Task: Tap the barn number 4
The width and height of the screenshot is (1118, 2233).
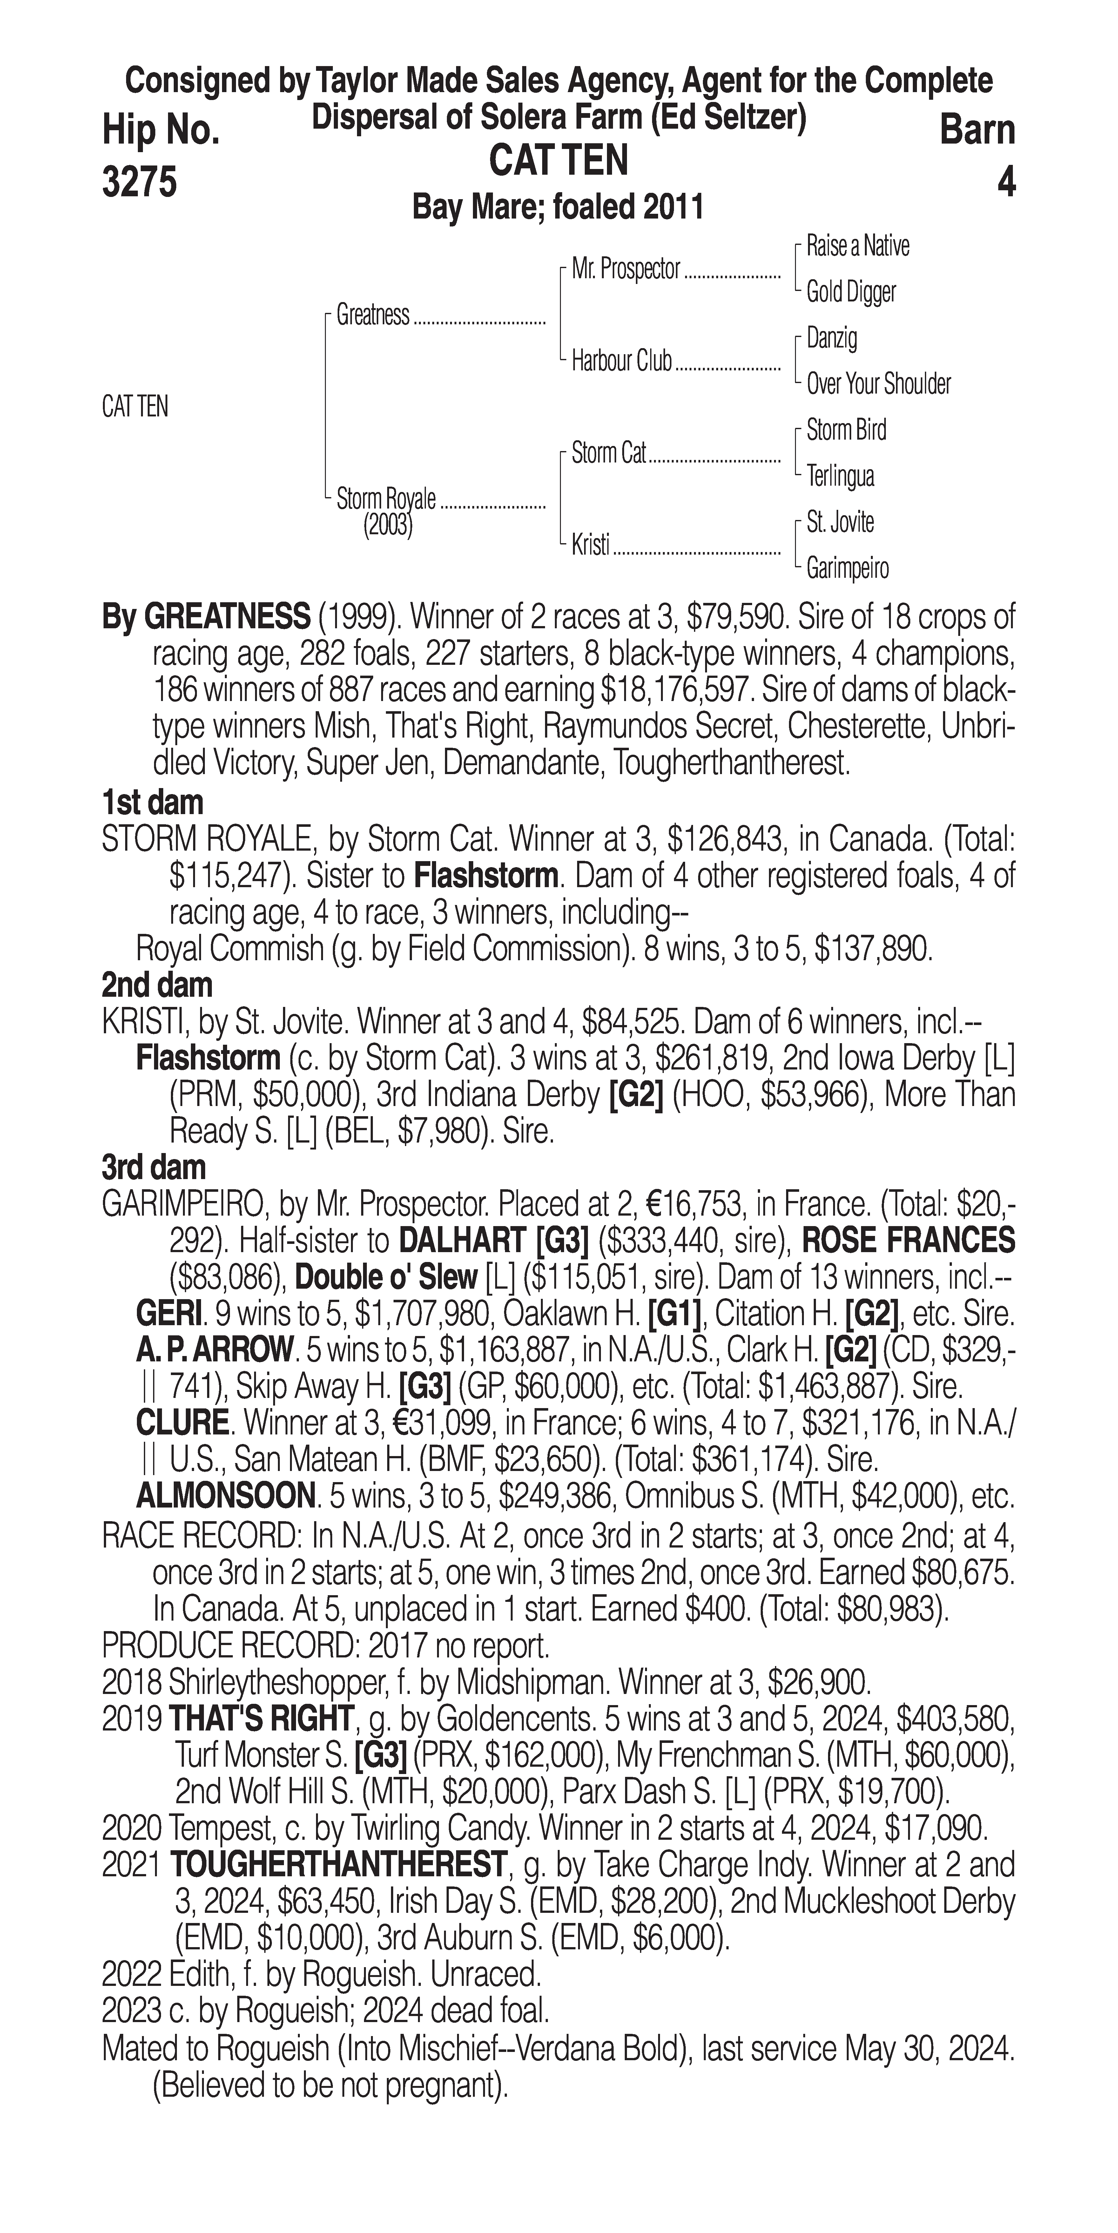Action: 1005,182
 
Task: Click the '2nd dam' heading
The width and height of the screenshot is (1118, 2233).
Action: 157,985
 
